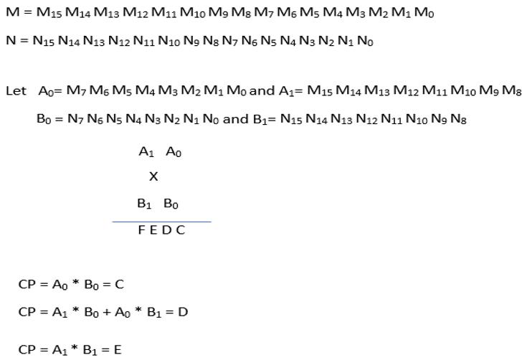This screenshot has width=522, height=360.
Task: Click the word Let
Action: [x=14, y=91]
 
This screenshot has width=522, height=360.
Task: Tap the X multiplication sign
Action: [x=153, y=176]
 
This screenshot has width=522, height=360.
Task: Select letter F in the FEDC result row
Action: [x=142, y=230]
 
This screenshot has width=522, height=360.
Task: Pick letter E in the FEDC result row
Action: [x=153, y=230]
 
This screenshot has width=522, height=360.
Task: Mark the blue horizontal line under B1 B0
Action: [x=161, y=222]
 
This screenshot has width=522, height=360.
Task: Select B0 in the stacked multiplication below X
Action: [x=171, y=204]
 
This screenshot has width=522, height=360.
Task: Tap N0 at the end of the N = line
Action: [x=365, y=41]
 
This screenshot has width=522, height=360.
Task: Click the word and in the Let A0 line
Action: [x=262, y=91]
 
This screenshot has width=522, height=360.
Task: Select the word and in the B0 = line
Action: [x=236, y=119]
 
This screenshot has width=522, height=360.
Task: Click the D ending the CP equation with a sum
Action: [x=184, y=312]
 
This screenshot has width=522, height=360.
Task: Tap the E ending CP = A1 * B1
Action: [x=118, y=350]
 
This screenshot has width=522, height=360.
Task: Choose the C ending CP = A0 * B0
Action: [x=119, y=285]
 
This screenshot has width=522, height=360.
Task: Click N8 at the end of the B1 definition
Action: [x=459, y=119]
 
